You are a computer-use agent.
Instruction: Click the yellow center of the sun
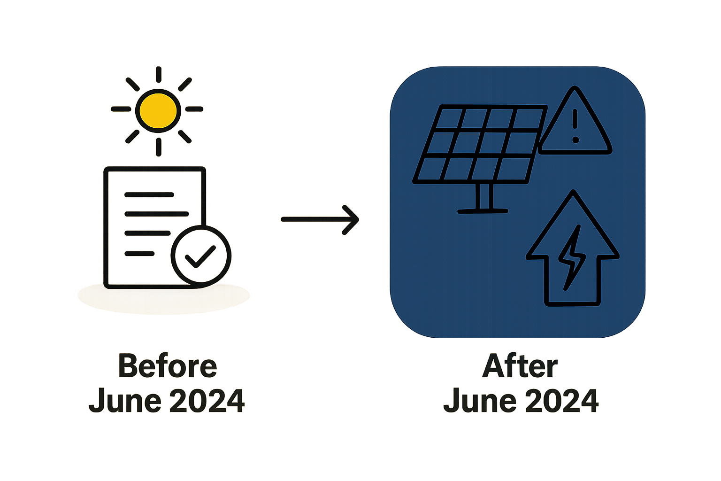(x=158, y=111)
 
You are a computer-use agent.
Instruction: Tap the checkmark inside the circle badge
(x=200, y=256)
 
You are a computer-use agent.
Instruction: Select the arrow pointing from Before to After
(x=320, y=219)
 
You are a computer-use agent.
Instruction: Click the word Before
(x=168, y=365)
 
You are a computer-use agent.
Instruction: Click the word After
(x=520, y=365)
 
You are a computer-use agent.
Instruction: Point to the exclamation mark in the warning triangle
(x=575, y=126)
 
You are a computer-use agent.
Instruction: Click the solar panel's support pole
(x=484, y=196)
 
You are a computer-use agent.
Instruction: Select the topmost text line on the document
(x=149, y=194)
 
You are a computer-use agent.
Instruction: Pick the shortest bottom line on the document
(x=139, y=254)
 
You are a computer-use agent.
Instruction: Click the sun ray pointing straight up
(x=158, y=74)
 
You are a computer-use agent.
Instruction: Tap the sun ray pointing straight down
(x=158, y=147)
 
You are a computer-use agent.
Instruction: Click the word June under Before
(x=125, y=401)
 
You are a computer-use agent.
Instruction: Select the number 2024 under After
(x=562, y=401)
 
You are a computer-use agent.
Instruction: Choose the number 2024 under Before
(x=207, y=401)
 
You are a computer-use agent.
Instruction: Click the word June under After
(x=480, y=401)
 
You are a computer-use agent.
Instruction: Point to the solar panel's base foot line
(x=483, y=211)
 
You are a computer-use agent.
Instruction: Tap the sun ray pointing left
(x=121, y=109)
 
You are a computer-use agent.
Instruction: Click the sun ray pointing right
(x=194, y=109)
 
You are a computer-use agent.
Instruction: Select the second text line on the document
(x=156, y=214)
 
